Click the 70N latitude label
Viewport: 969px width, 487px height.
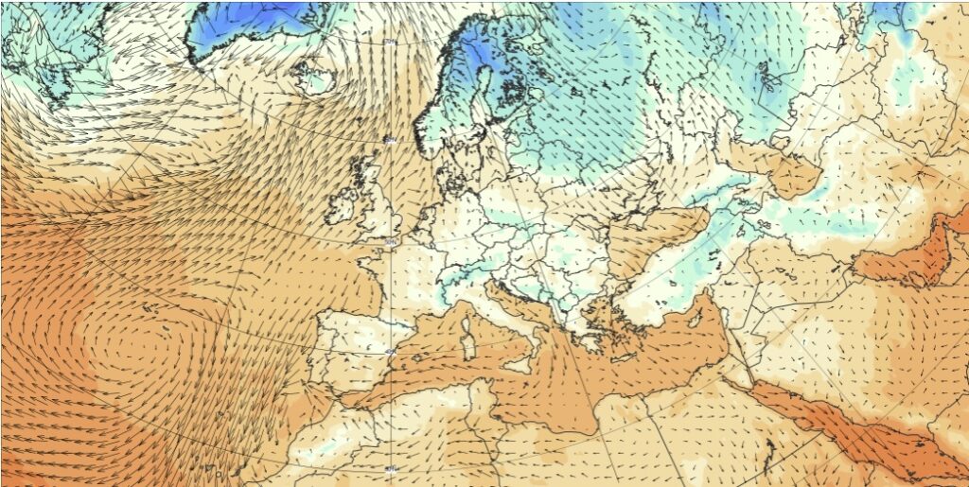(x=390, y=42)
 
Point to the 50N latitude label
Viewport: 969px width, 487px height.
(x=391, y=243)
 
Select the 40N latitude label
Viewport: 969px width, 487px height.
(x=391, y=353)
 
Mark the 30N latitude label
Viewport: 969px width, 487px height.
(x=391, y=467)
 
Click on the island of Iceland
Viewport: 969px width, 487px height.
(x=316, y=76)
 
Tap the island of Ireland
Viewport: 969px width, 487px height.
(x=342, y=203)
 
